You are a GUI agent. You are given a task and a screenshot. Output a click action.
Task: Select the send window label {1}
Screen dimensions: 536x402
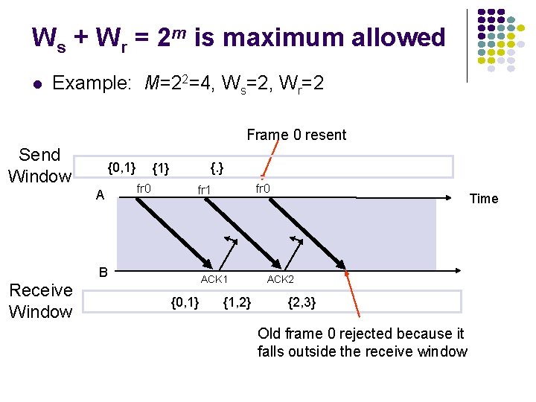161,168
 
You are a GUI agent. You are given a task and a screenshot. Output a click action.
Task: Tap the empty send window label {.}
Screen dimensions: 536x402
218,167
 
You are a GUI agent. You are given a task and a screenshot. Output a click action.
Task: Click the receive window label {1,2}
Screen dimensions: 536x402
237,301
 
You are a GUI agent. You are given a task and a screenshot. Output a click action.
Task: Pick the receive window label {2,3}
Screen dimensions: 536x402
301,301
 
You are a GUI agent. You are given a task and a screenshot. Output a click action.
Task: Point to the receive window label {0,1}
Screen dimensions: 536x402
185,301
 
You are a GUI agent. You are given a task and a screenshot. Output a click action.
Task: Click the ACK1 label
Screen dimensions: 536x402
214,279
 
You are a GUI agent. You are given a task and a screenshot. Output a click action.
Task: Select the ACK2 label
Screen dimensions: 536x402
281,279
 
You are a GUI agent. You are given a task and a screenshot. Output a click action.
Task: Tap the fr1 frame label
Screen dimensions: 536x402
205,190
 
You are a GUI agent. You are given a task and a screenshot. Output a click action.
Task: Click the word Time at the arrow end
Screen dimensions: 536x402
483,198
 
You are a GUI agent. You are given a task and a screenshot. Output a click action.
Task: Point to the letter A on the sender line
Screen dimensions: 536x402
100,195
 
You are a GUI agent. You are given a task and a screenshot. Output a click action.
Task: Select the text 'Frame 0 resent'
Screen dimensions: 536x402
296,135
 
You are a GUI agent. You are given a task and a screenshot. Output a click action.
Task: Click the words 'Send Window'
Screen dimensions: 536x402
40,165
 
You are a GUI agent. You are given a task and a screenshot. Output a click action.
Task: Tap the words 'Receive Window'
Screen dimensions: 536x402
41,301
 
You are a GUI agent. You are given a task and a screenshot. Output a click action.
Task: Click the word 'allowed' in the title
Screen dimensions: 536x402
400,37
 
